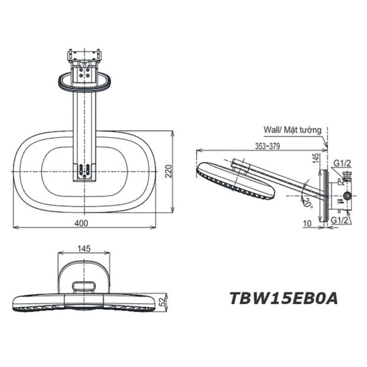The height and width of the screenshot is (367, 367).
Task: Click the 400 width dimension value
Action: [80, 223]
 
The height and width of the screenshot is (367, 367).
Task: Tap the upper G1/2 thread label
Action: [342, 163]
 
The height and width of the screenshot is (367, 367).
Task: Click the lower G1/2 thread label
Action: [342, 219]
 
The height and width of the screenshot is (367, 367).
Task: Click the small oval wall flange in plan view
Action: [84, 80]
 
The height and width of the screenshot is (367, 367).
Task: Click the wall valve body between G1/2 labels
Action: [343, 191]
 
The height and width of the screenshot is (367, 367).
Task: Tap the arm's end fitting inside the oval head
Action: [84, 172]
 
